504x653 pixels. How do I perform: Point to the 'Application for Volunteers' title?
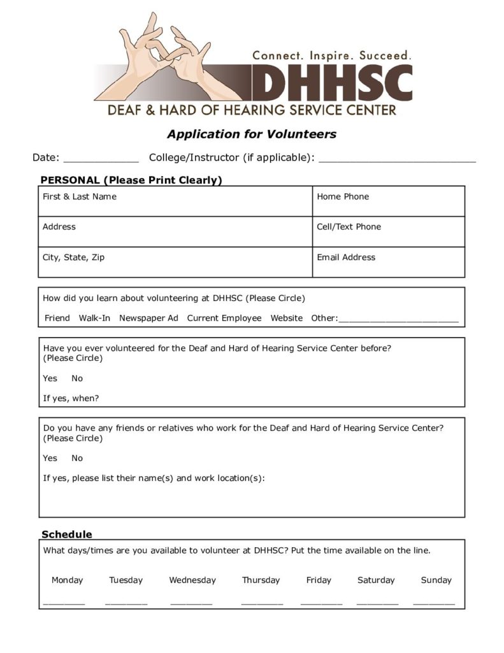pyautogui.click(x=252, y=134)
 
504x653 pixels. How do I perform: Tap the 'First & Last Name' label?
pyautogui.click(x=80, y=196)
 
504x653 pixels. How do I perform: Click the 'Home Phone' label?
pyautogui.click(x=343, y=196)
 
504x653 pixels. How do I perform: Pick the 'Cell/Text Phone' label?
pyautogui.click(x=349, y=226)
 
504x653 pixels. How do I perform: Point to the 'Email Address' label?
pyautogui.click(x=346, y=257)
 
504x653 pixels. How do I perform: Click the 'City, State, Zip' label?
pyautogui.click(x=74, y=257)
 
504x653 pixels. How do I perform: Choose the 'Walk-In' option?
pyautogui.click(x=94, y=318)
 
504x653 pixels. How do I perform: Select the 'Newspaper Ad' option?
pyautogui.click(x=148, y=318)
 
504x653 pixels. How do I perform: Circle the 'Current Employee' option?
pyautogui.click(x=224, y=318)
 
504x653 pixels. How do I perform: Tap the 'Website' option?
pyautogui.click(x=287, y=318)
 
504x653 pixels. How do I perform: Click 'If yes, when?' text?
pyautogui.click(x=71, y=399)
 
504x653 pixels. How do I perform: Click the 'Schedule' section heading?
pyautogui.click(x=67, y=534)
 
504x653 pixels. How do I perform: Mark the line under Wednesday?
pyautogui.click(x=191, y=603)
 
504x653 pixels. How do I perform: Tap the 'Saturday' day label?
pyautogui.click(x=376, y=580)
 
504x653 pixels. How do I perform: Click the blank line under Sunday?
pyautogui.click(x=434, y=603)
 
